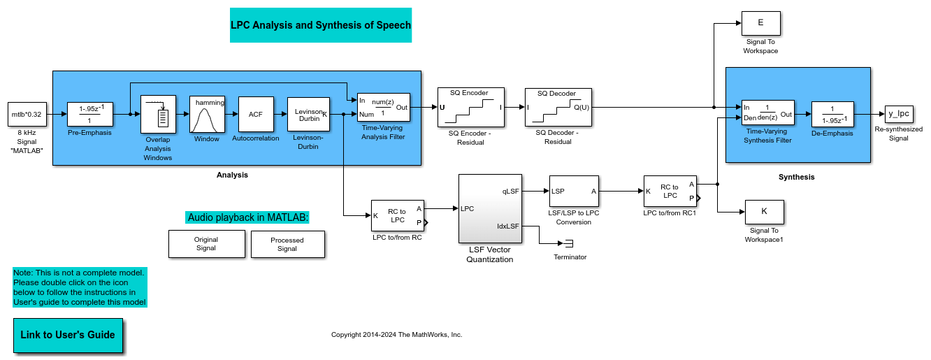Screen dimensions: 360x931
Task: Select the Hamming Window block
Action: pyautogui.click(x=208, y=113)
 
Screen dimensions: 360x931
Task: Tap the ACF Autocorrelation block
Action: pyautogui.click(x=255, y=113)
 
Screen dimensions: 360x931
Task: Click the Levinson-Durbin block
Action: pyautogui.click(x=308, y=113)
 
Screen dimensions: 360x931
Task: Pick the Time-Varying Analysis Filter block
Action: pyautogui.click(x=383, y=107)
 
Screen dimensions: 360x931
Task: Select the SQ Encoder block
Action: pyautogui.click(x=470, y=107)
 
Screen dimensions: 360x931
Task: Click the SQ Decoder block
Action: pyautogui.click(x=558, y=107)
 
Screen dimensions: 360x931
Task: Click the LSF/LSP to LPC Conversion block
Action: pyautogui.click(x=573, y=195)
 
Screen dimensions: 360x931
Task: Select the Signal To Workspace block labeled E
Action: pyautogui.click(x=760, y=23)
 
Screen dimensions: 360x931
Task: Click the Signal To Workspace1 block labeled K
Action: pyautogui.click(x=764, y=211)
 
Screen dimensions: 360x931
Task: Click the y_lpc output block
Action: pyautogui.click(x=898, y=113)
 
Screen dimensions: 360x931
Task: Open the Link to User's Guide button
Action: pyautogui.click(x=68, y=335)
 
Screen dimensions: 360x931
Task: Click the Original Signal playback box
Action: pyautogui.click(x=206, y=243)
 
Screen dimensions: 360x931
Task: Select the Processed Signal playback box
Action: pyautogui.click(x=287, y=244)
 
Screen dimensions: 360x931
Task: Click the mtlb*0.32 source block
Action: pyautogui.click(x=27, y=114)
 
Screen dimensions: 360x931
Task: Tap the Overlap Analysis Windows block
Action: pyautogui.click(x=158, y=113)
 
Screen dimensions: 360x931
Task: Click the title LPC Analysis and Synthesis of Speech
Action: pyautogui.click(x=321, y=25)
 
